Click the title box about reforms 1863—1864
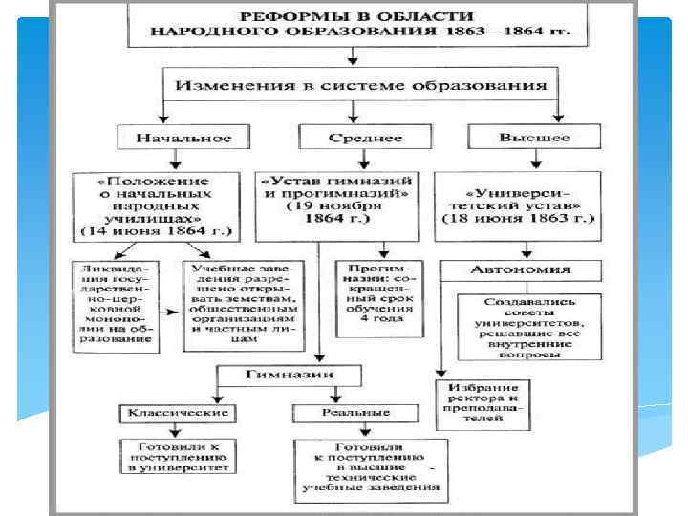[356, 25]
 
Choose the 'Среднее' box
[353, 138]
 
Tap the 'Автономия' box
[521, 270]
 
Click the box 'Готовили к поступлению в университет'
[179, 458]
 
